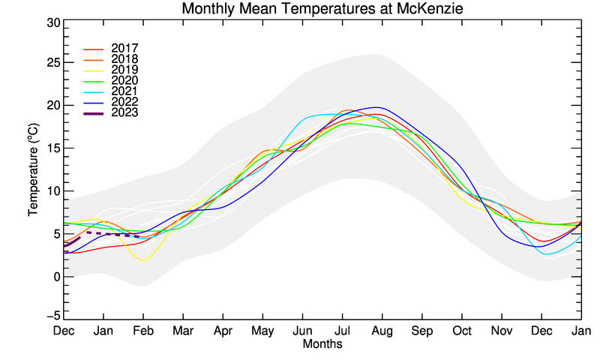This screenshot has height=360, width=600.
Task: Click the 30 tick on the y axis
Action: (x=53, y=22)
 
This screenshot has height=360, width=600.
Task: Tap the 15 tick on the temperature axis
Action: (x=53, y=148)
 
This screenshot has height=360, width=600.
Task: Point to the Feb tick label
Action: (x=143, y=331)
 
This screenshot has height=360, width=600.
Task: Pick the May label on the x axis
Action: (x=263, y=331)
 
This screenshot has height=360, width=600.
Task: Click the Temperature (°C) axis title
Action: (x=34, y=170)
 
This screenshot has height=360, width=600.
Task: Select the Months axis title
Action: (x=322, y=344)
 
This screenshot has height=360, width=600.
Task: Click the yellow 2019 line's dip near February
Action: (x=143, y=259)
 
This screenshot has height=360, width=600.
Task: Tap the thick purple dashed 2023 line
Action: (x=112, y=234)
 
